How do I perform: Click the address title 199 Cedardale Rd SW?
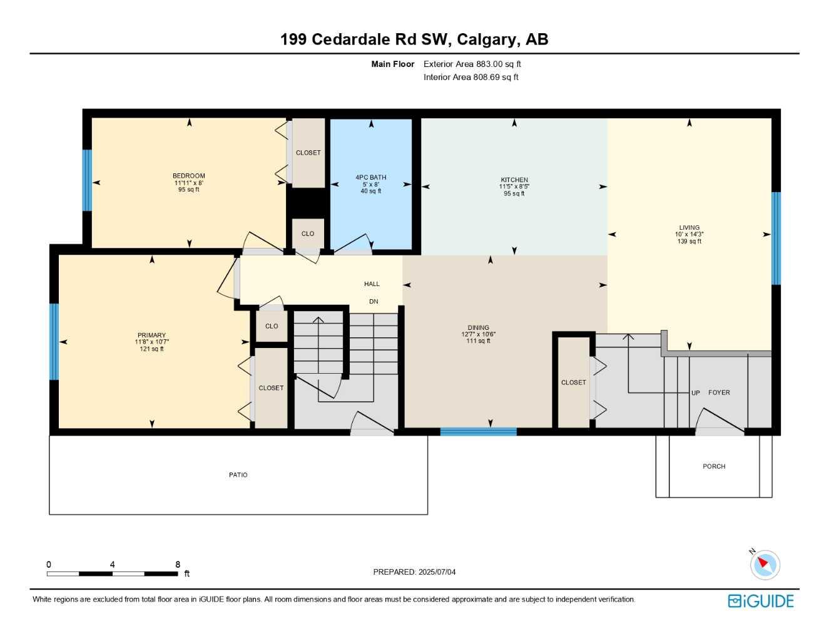click(x=414, y=39)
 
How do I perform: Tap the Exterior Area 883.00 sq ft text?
click(x=472, y=64)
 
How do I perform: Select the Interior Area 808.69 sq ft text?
click(x=470, y=77)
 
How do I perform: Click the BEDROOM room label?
click(x=189, y=176)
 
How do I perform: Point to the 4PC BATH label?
click(x=371, y=178)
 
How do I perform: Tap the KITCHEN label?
click(x=514, y=180)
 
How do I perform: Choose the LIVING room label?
click(x=689, y=228)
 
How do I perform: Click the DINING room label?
click(x=479, y=327)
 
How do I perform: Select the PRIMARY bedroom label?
click(x=151, y=336)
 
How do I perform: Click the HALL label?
click(x=372, y=284)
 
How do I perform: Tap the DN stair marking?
click(x=374, y=301)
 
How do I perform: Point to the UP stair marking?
click(x=696, y=393)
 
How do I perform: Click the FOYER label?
click(x=719, y=392)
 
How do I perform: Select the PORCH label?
click(x=714, y=466)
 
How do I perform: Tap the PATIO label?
click(x=238, y=475)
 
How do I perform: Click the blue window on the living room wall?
click(x=776, y=238)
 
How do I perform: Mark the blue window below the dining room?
click(x=479, y=431)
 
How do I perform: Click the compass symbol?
click(x=765, y=565)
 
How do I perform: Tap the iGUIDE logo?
click(x=761, y=601)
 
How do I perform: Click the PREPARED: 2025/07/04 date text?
click(x=414, y=572)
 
